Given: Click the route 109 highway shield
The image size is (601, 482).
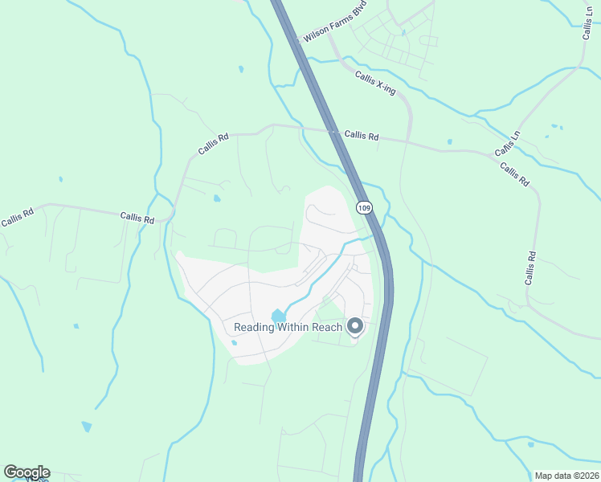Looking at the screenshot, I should pos(365,208).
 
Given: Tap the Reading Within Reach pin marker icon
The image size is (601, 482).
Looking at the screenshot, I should pos(354,326).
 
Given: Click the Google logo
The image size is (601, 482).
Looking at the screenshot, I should pos(27,472).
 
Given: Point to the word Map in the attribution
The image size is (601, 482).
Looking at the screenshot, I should pos(545,475).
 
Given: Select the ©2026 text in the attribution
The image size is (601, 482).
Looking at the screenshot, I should pos(584,475).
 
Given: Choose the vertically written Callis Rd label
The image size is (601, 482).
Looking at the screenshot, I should pos(530,268).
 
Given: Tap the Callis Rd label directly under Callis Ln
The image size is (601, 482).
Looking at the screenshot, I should pos(514,174).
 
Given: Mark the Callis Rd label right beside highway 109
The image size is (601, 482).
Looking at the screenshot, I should pos(361,136).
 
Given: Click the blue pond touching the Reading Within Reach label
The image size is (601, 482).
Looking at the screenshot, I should pos(278,316).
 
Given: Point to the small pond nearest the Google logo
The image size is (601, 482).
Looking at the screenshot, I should pos(86,427).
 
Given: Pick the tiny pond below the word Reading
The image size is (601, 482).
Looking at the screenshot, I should pos(234,344).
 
